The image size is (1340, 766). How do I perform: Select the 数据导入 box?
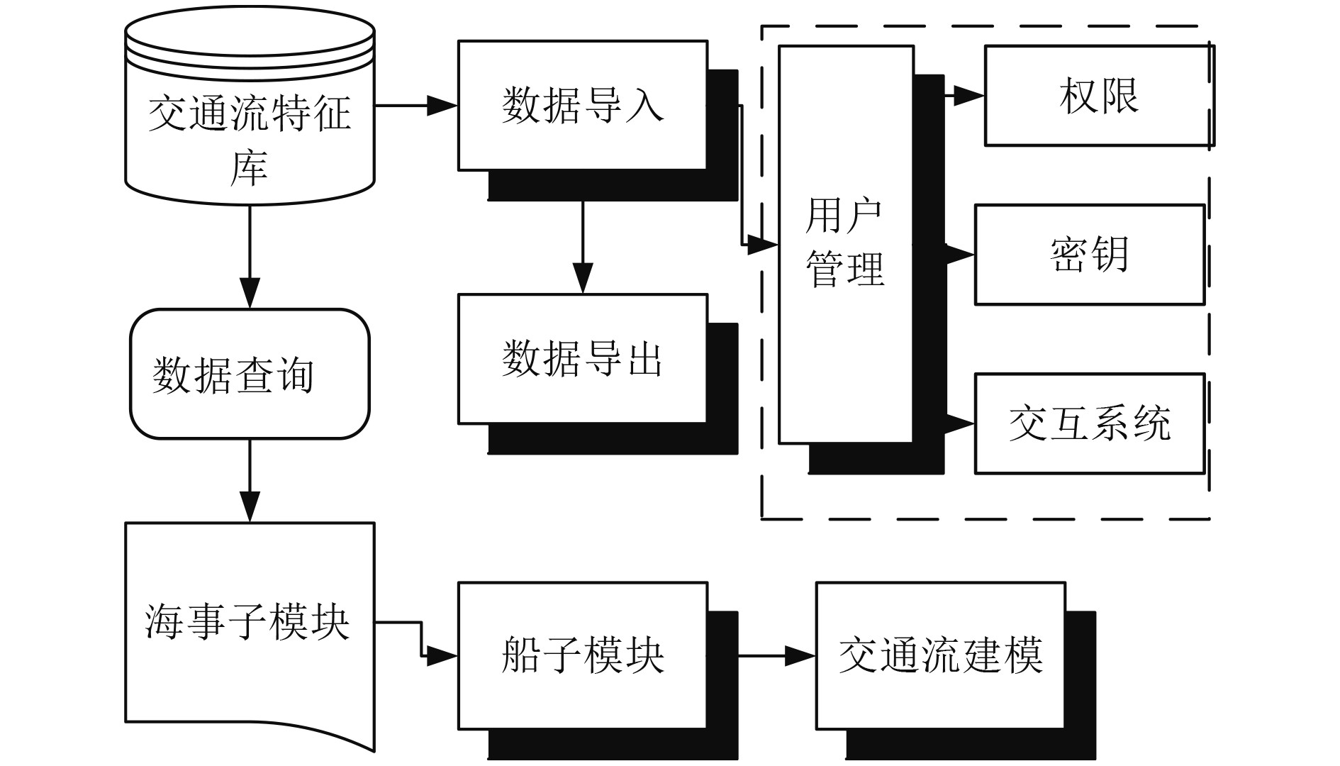pyautogui.click(x=582, y=106)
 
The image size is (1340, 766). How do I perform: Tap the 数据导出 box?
pyautogui.click(x=582, y=359)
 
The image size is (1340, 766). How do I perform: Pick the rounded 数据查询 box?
pyautogui.click(x=250, y=374)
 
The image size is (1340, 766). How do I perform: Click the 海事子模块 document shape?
pyautogui.click(x=250, y=624)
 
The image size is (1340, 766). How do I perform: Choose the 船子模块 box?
pyautogui.click(x=582, y=655)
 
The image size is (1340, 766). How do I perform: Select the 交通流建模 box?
pyautogui.click(x=940, y=655)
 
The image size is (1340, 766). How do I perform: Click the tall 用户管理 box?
pyautogui.click(x=845, y=245)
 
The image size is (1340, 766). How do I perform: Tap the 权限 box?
pyautogui.click(x=1098, y=96)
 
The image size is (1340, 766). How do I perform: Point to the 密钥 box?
pyautogui.click(x=1089, y=255)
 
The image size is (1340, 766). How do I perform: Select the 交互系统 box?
pyautogui.click(x=1089, y=423)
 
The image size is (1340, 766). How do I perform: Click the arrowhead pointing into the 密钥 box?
pyautogui.click(x=961, y=254)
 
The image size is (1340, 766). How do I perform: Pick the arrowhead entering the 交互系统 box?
pyautogui.click(x=961, y=423)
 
